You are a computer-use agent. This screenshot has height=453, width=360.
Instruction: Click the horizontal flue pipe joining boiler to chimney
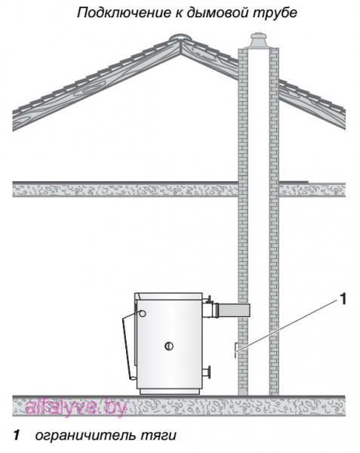coord(233,310)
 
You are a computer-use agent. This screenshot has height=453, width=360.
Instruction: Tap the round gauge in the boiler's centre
coord(169,346)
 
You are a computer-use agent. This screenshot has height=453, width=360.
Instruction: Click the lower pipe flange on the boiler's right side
coord(207,371)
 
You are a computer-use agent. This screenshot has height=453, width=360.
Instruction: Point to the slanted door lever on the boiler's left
coord(128,347)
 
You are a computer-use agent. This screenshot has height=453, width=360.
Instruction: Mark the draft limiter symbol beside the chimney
coord(235,350)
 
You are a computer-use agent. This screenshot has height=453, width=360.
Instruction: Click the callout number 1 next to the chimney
coord(343,299)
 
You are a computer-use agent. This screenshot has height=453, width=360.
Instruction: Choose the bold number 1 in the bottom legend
coord(17,435)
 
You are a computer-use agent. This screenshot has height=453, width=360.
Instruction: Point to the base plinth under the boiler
coord(170,391)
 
